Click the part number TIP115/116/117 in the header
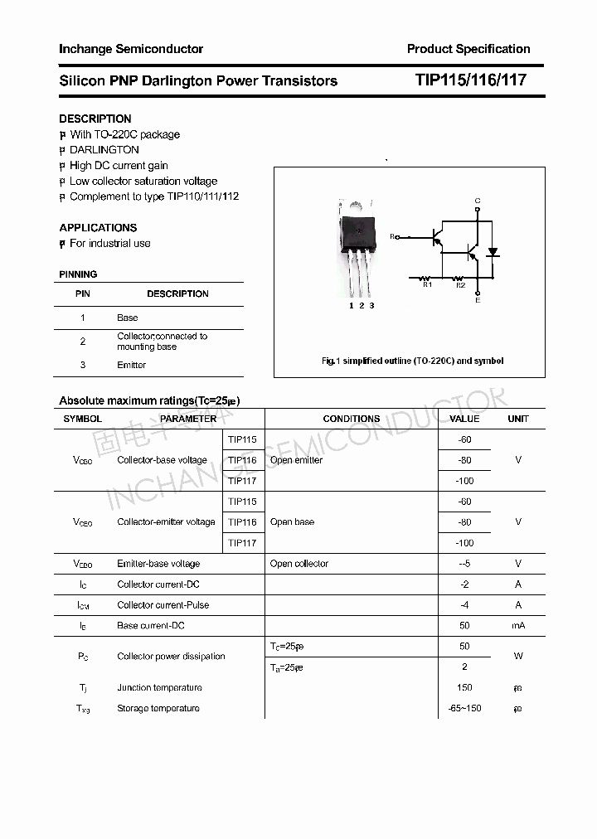click(470, 80)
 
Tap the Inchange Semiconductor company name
click(131, 49)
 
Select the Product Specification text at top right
click(468, 49)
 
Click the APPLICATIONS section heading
click(98, 227)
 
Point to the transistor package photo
click(358, 248)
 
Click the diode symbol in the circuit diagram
click(493, 251)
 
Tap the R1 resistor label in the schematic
click(427, 285)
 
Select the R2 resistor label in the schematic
click(460, 285)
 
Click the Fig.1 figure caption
click(412, 361)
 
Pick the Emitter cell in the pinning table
click(132, 365)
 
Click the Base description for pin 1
click(127, 318)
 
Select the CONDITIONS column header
click(351, 419)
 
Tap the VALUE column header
click(464, 419)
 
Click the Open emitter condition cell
click(296, 460)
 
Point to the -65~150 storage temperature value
click(464, 708)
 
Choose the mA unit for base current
click(518, 625)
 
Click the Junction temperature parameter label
click(159, 687)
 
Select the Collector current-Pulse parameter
click(163, 604)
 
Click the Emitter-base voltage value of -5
click(464, 564)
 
